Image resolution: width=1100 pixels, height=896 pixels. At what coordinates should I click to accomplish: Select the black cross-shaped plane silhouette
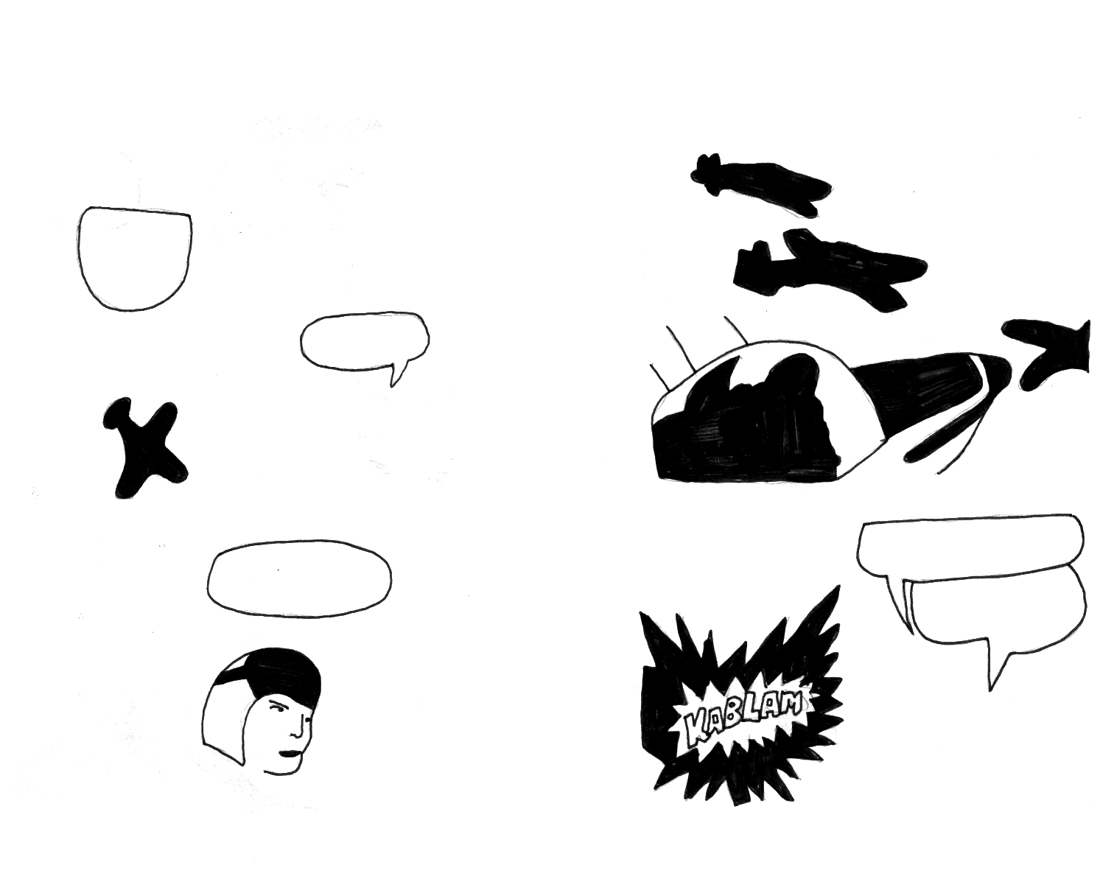[x=144, y=447]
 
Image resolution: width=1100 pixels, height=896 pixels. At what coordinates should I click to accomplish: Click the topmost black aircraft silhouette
[x=759, y=183]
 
